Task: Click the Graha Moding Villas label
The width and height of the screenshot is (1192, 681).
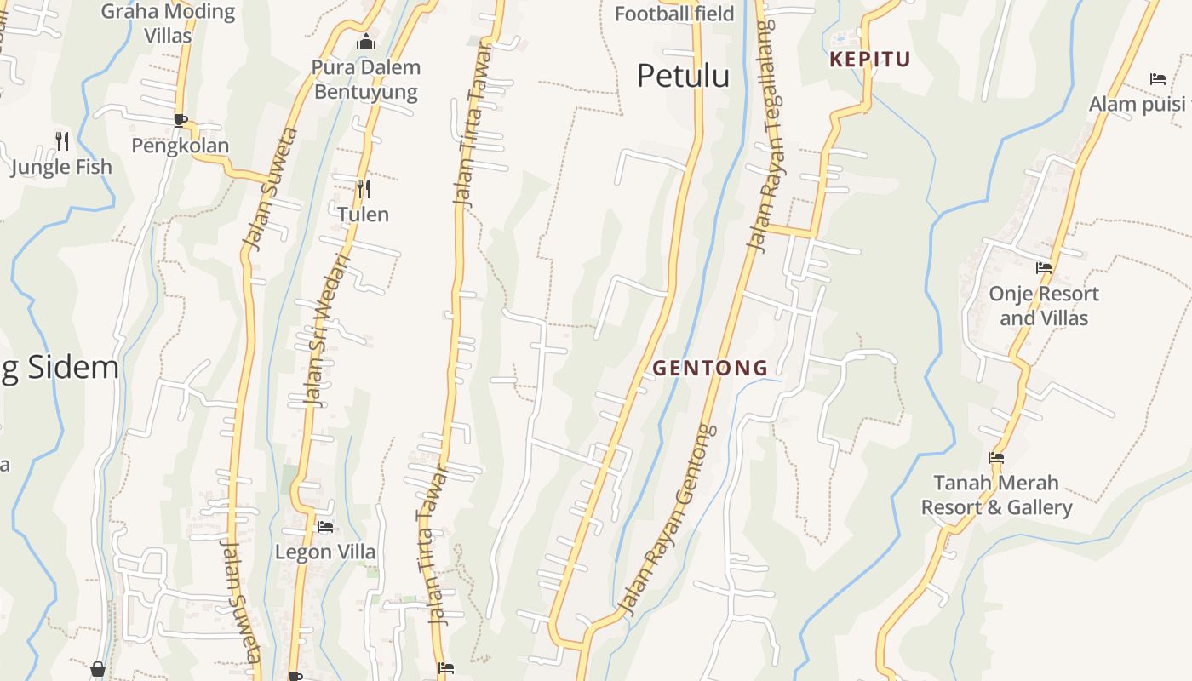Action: [x=168, y=23]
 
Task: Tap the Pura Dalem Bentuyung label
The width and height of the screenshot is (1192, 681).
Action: [x=366, y=79]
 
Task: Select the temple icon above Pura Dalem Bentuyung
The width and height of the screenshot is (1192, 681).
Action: [x=366, y=41]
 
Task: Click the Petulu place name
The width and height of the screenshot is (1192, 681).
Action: [x=683, y=76]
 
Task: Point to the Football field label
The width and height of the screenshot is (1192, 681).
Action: [x=673, y=14]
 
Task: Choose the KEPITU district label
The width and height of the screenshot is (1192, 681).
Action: [x=870, y=60]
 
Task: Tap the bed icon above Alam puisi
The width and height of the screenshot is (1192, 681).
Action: [x=1157, y=79]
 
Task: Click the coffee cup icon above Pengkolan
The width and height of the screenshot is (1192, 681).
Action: [x=180, y=120]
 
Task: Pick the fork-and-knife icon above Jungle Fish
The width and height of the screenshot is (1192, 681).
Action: [x=61, y=140]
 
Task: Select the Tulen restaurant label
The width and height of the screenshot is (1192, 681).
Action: [x=363, y=215]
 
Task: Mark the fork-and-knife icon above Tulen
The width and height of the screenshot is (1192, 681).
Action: [x=363, y=188]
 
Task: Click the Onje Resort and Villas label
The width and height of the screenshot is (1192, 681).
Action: [x=1043, y=306]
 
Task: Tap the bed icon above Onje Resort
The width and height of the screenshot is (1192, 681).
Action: [x=1043, y=268]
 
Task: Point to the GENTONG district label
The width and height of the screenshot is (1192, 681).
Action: [x=710, y=369]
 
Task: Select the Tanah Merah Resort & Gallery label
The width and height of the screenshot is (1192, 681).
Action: [x=996, y=495]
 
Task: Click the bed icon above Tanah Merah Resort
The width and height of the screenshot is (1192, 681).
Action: [x=996, y=458]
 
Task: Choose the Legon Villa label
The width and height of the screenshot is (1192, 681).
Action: [x=324, y=552]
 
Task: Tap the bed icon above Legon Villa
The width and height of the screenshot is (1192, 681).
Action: [x=324, y=527]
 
